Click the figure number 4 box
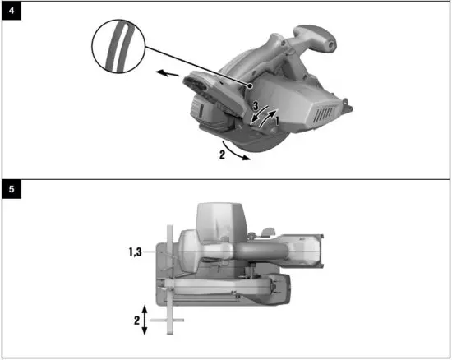12,12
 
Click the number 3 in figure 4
255,108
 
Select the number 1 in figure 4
277,121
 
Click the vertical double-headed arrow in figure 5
145,318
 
